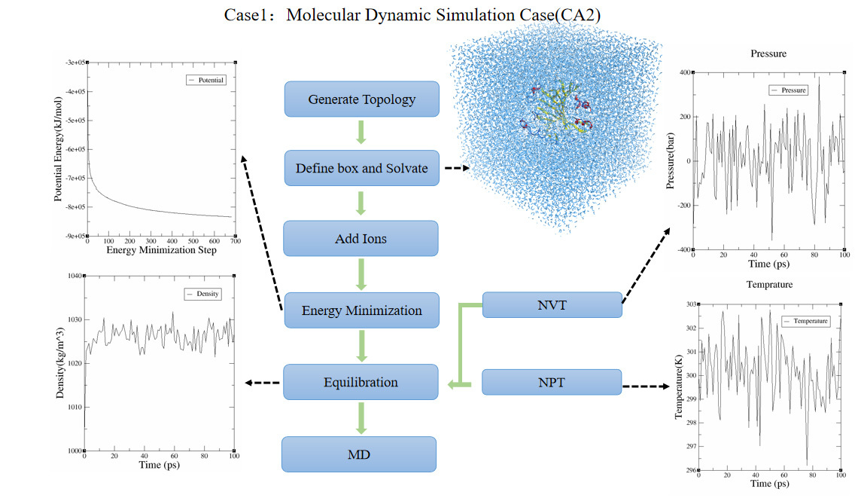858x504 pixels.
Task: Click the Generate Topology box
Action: (x=362, y=99)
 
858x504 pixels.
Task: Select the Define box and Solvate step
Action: (x=362, y=168)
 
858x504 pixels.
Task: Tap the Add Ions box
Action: (x=361, y=238)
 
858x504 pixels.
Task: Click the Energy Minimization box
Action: (x=362, y=310)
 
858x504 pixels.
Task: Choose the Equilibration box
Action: (x=361, y=382)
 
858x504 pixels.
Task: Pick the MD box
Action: (x=359, y=454)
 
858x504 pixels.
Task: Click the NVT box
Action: (x=552, y=304)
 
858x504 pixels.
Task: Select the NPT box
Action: (x=552, y=382)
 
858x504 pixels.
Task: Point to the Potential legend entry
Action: (x=205, y=80)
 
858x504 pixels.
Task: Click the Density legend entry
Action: (x=202, y=294)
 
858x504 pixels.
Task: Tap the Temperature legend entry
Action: (x=806, y=321)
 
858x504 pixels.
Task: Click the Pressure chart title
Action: (x=768, y=53)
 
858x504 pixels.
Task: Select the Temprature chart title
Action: (x=769, y=284)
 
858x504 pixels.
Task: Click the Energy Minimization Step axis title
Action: (x=161, y=250)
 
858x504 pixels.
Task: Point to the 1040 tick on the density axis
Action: (x=75, y=276)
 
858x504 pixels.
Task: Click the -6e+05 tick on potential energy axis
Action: (x=75, y=149)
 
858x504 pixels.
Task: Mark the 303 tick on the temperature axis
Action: (x=691, y=304)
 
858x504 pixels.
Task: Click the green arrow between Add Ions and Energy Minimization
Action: (x=361, y=274)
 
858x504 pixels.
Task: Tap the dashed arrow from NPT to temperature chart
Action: (x=647, y=386)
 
